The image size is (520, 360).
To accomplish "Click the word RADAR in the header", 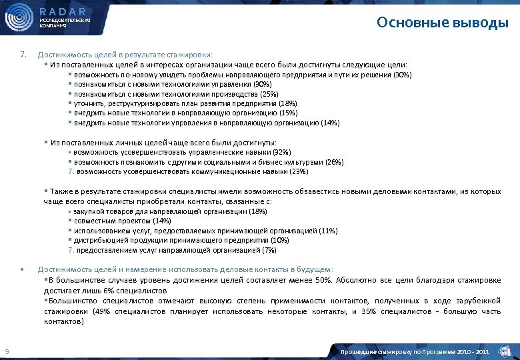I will click(x=63, y=11).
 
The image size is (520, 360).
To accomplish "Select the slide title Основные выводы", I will click(x=442, y=23).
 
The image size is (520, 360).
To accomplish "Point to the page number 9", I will click(x=6, y=351).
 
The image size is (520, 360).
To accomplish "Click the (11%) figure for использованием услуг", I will click(x=328, y=230).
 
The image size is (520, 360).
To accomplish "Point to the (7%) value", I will click(x=269, y=250).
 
